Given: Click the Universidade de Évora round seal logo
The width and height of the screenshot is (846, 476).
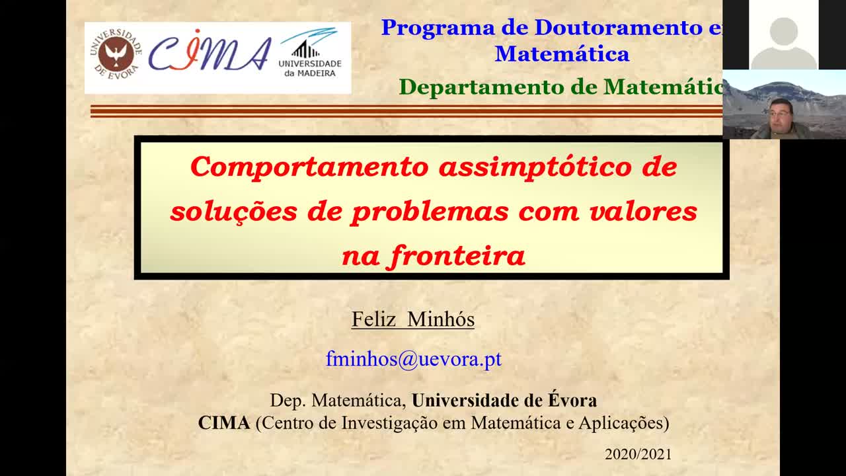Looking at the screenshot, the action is point(116,54).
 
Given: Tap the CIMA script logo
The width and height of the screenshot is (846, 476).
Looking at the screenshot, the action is point(210,52).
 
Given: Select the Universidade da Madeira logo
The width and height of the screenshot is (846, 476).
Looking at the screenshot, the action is point(310,52).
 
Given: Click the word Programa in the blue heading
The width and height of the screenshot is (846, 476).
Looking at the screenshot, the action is point(438,28).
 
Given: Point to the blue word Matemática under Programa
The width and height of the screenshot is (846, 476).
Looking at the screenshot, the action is point(562,54).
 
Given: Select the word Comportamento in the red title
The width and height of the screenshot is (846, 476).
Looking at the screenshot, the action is point(309,167).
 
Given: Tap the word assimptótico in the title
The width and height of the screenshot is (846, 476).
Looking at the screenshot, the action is point(535,167).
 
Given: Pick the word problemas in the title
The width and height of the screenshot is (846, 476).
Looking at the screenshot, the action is point(430,212).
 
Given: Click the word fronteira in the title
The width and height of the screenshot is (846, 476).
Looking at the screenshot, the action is point(456,257).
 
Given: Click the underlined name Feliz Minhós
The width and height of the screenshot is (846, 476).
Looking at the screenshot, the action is point(413,319).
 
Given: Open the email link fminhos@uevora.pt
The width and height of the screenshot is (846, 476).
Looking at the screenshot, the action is point(414,358).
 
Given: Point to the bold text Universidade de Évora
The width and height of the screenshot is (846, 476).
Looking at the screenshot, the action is point(504,400).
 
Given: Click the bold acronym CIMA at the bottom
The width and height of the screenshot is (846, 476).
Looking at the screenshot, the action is point(224,422).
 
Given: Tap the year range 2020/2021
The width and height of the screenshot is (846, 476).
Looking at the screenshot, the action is point(638,454).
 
